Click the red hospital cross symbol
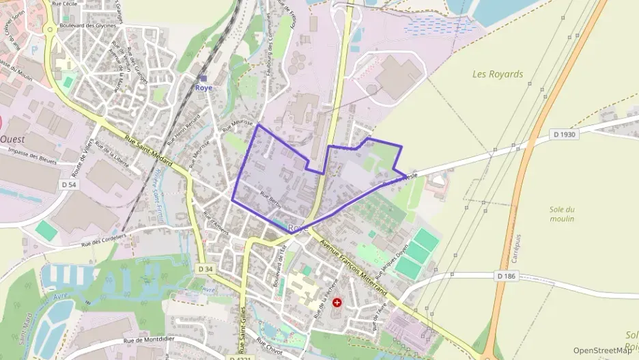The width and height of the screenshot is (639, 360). [337, 302]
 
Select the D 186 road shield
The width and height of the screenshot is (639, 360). [505, 276]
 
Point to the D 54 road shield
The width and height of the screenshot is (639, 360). [68, 184]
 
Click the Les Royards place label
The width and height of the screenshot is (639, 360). [497, 74]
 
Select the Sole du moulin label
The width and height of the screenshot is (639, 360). [562, 214]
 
